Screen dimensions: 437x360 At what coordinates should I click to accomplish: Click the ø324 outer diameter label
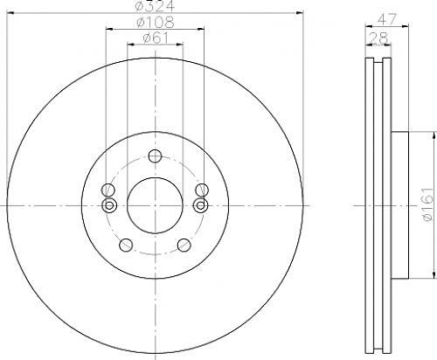155,6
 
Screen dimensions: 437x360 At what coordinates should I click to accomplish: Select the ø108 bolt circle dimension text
156,22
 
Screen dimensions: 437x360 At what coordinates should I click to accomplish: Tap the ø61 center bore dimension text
156,38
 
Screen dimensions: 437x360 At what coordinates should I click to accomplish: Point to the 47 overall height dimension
387,19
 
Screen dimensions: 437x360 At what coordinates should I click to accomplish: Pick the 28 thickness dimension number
378,38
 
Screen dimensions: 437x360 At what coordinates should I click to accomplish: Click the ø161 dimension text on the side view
430,204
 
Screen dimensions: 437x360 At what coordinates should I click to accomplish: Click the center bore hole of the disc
155,205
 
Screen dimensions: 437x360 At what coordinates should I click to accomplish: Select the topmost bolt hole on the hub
155,156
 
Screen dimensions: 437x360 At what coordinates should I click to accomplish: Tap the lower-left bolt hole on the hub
126,245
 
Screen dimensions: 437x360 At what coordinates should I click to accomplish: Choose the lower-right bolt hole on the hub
184,245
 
